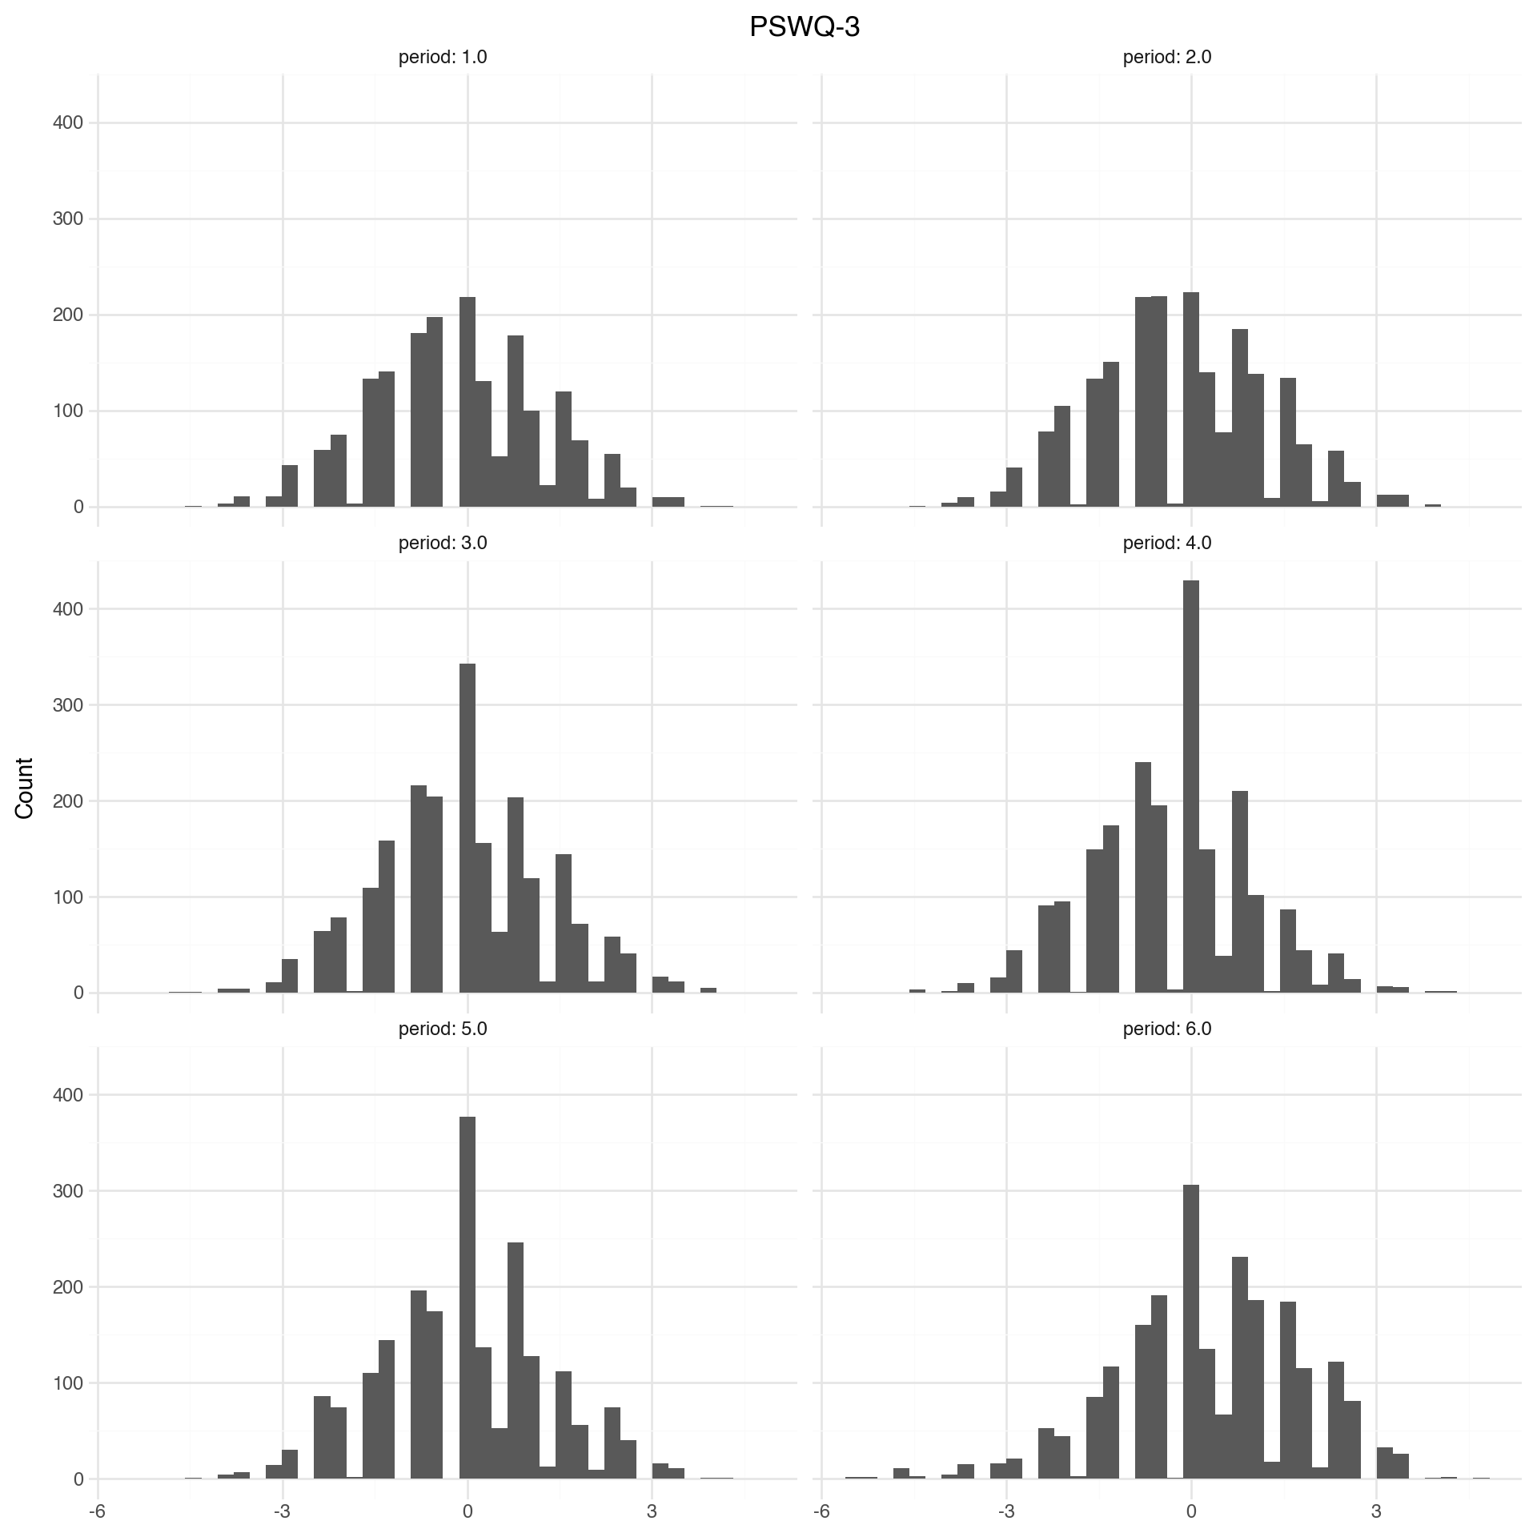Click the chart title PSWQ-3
click(805, 27)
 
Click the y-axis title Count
click(25, 788)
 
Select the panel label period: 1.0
click(443, 58)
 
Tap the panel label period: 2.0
click(1167, 58)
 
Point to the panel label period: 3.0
click(443, 543)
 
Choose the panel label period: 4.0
click(1167, 543)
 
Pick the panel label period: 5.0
click(443, 1029)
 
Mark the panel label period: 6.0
click(1167, 1029)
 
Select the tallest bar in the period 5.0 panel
click(468, 1297)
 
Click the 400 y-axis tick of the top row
click(68, 122)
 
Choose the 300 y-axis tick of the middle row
click(68, 705)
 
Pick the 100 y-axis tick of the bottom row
click(68, 1382)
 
